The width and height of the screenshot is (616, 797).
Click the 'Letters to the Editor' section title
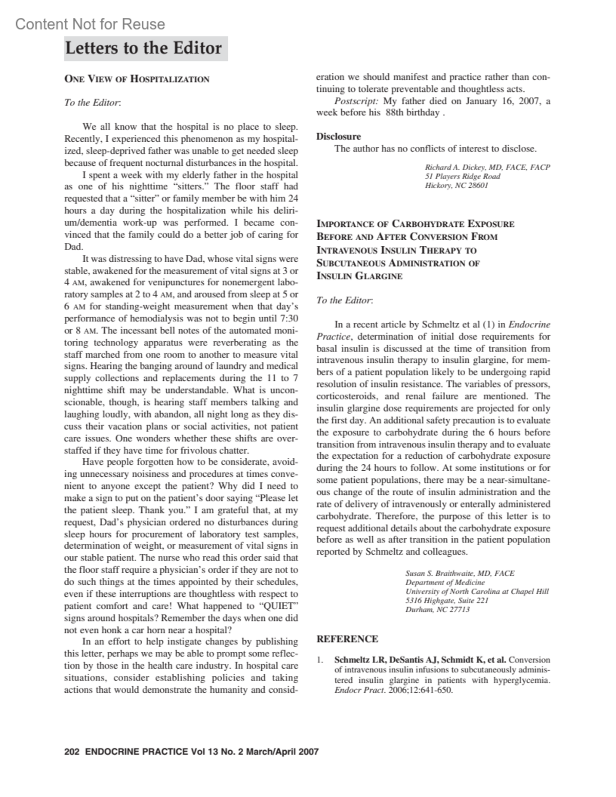pyautogui.click(x=144, y=48)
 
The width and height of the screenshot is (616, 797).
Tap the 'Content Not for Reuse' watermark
pyautogui.click(x=90, y=24)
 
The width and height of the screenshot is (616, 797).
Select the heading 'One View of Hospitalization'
pyautogui.click(x=137, y=79)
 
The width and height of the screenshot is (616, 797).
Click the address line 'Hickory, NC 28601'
pyautogui.click(x=456, y=185)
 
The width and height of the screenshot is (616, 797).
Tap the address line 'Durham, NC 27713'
pyautogui.click(x=437, y=609)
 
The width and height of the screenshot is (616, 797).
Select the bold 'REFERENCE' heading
pyautogui.click(x=347, y=639)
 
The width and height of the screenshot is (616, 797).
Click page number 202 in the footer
pyautogui.click(x=71, y=752)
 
